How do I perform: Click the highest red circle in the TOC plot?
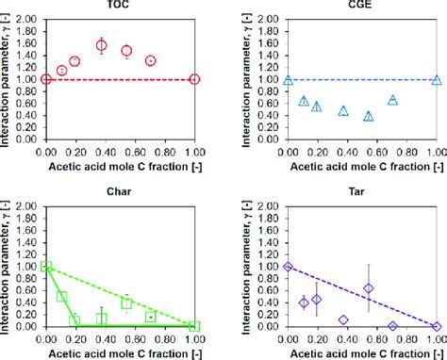pos(102,45)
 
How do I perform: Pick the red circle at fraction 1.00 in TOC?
pos(194,79)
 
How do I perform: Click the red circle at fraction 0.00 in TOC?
pos(46,79)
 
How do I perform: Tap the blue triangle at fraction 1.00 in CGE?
pos(436,80)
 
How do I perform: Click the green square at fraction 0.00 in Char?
pos(46,267)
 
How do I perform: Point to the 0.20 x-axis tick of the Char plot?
pos(75,336)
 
